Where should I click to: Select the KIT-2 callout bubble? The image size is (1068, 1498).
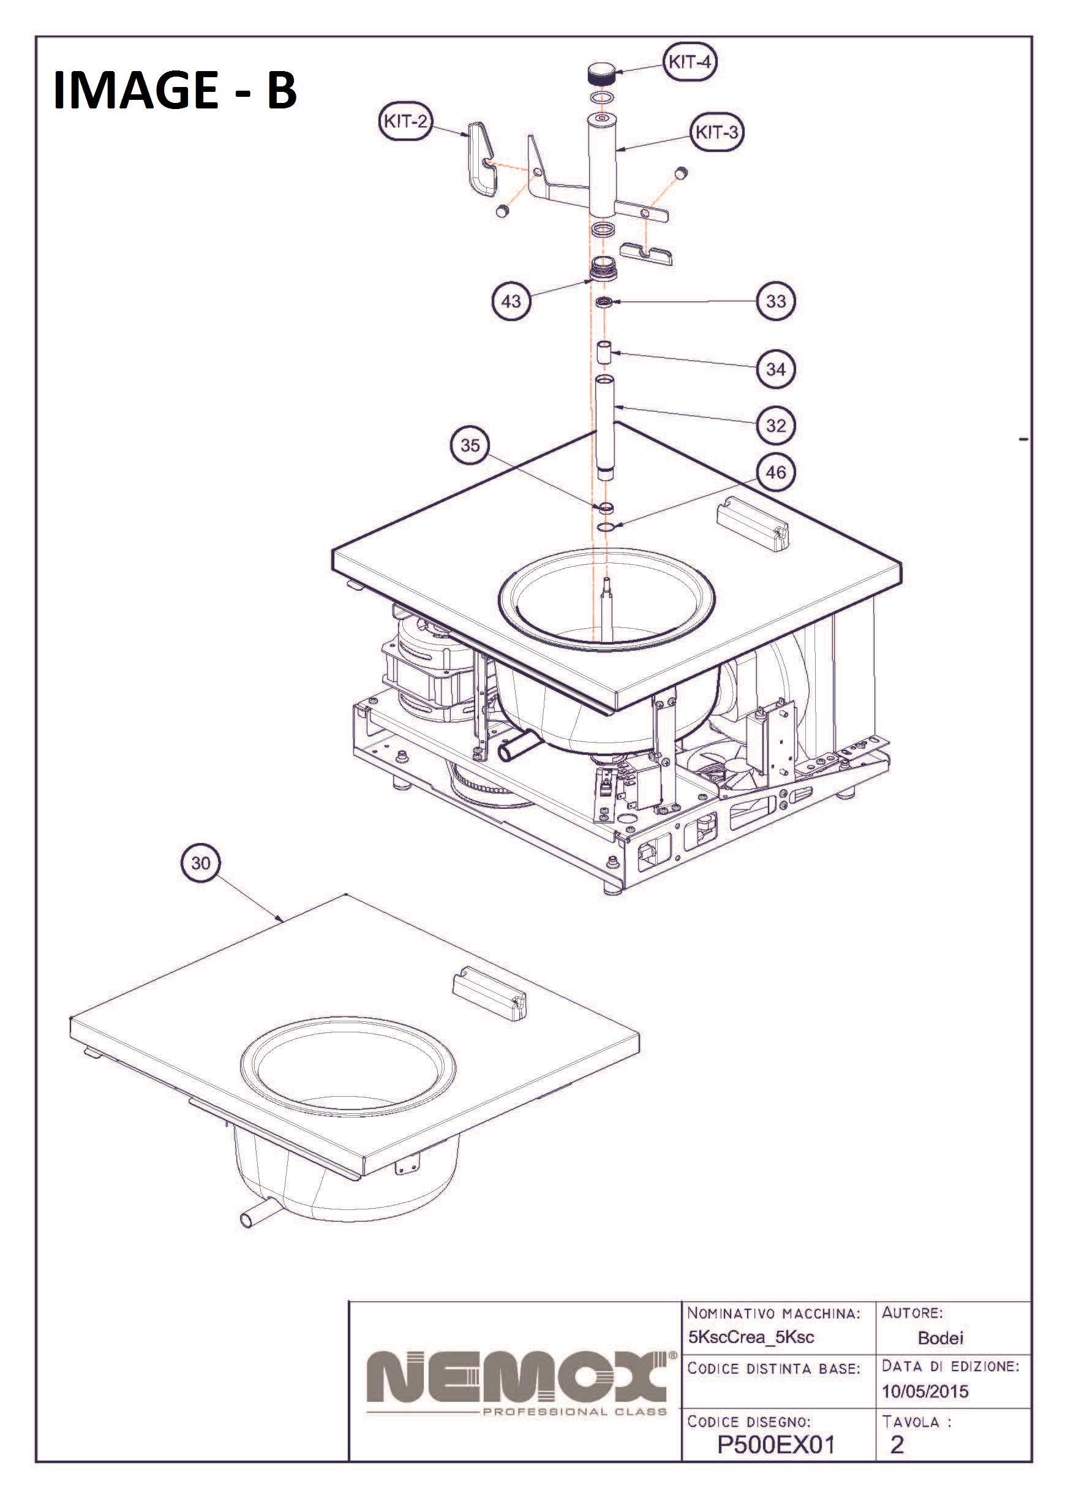tap(405, 121)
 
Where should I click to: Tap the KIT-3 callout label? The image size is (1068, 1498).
tap(717, 132)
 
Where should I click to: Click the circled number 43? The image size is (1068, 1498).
tap(511, 301)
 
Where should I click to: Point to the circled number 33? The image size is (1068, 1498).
tap(776, 301)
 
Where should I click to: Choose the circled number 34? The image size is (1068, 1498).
tap(776, 369)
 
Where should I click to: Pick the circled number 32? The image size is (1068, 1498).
tap(776, 425)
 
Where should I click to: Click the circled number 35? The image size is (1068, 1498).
tap(470, 445)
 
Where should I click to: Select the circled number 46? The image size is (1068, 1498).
tap(776, 472)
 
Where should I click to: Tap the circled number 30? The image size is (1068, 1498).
tap(201, 863)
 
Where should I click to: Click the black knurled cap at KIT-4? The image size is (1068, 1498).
tap(601, 73)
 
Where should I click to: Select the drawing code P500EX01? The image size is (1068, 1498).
tap(775, 1445)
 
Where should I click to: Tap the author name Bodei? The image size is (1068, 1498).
tap(941, 1337)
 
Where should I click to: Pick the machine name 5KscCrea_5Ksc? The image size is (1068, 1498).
tap(751, 1337)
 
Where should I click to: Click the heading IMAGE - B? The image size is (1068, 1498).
tap(175, 89)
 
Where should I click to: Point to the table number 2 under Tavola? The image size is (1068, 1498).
tap(897, 1445)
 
